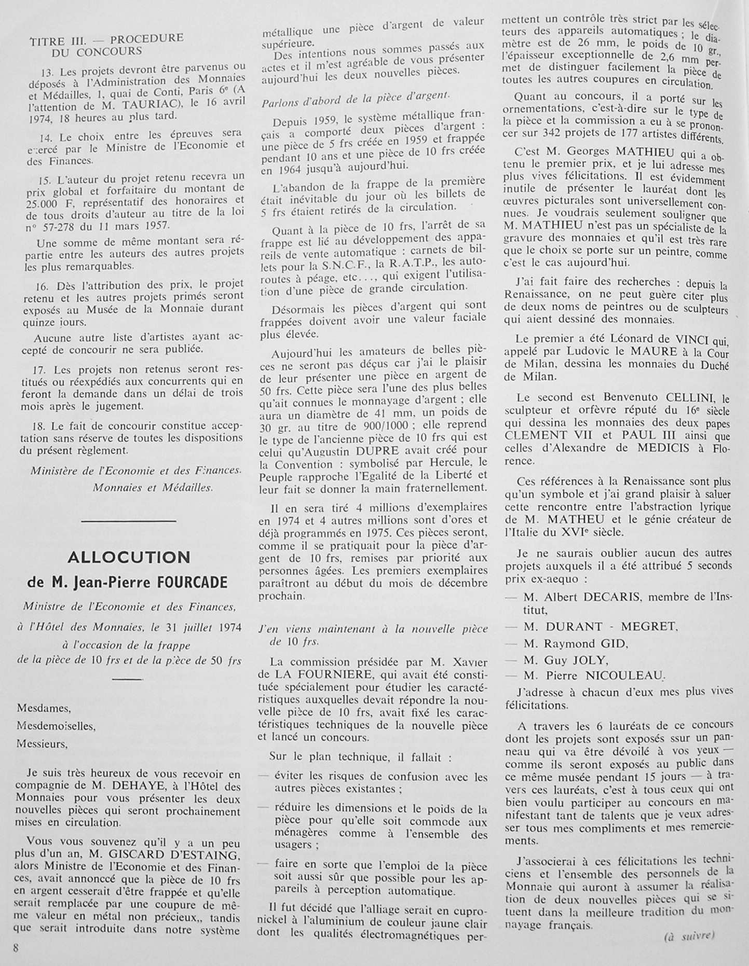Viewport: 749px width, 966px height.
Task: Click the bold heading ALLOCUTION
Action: pos(129,557)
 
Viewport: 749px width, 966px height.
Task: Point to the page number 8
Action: pos(16,948)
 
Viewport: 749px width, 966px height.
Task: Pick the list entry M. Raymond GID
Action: pos(576,644)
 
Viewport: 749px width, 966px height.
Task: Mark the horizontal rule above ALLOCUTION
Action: pos(129,520)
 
